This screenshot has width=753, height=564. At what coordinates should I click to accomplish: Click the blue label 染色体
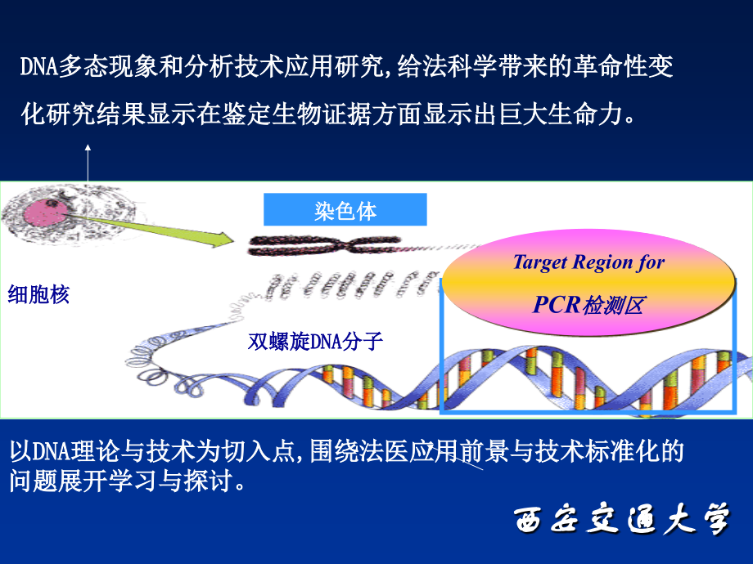click(x=345, y=211)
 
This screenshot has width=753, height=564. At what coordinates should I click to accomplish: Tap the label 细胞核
click(x=38, y=294)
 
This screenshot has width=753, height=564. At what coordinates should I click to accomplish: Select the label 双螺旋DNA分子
click(x=315, y=341)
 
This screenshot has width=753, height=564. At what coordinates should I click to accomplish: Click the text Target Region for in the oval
click(x=588, y=262)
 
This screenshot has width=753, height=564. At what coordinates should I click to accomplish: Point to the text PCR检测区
click(x=588, y=306)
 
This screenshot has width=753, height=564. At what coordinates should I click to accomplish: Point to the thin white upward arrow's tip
click(x=87, y=145)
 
